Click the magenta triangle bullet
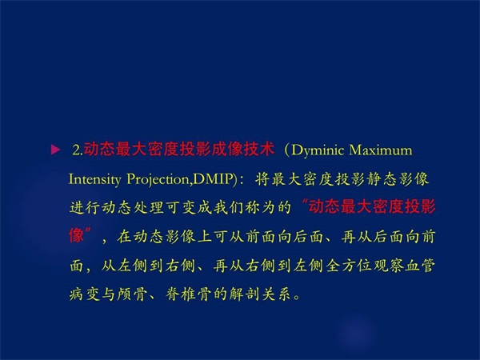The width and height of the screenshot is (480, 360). [55, 150]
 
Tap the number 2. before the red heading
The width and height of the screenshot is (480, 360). [78, 150]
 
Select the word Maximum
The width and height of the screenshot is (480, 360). [381, 150]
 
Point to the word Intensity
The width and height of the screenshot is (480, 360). [95, 179]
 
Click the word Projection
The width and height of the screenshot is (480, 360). [158, 180]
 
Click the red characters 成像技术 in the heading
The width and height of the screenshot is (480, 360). [242, 150]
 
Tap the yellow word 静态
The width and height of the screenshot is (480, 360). [382, 179]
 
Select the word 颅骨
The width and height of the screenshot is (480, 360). [132, 294]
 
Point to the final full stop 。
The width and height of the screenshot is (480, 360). [297, 298]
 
